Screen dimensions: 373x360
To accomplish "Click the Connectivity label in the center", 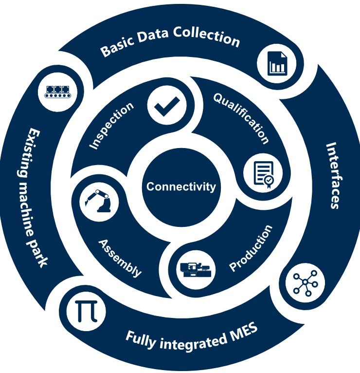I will [181, 186].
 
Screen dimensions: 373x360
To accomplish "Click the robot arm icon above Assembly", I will [99, 201].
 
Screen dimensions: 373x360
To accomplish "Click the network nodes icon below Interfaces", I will [302, 283].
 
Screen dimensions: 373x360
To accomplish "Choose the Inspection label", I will [111, 126].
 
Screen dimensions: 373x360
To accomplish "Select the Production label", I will [251, 249].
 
